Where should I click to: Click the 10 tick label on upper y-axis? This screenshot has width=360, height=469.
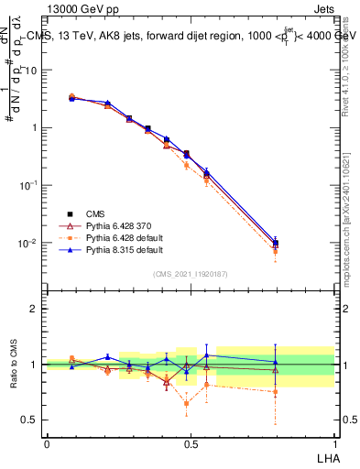click(31, 70)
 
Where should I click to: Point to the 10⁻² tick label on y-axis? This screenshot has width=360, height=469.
click(29, 244)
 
